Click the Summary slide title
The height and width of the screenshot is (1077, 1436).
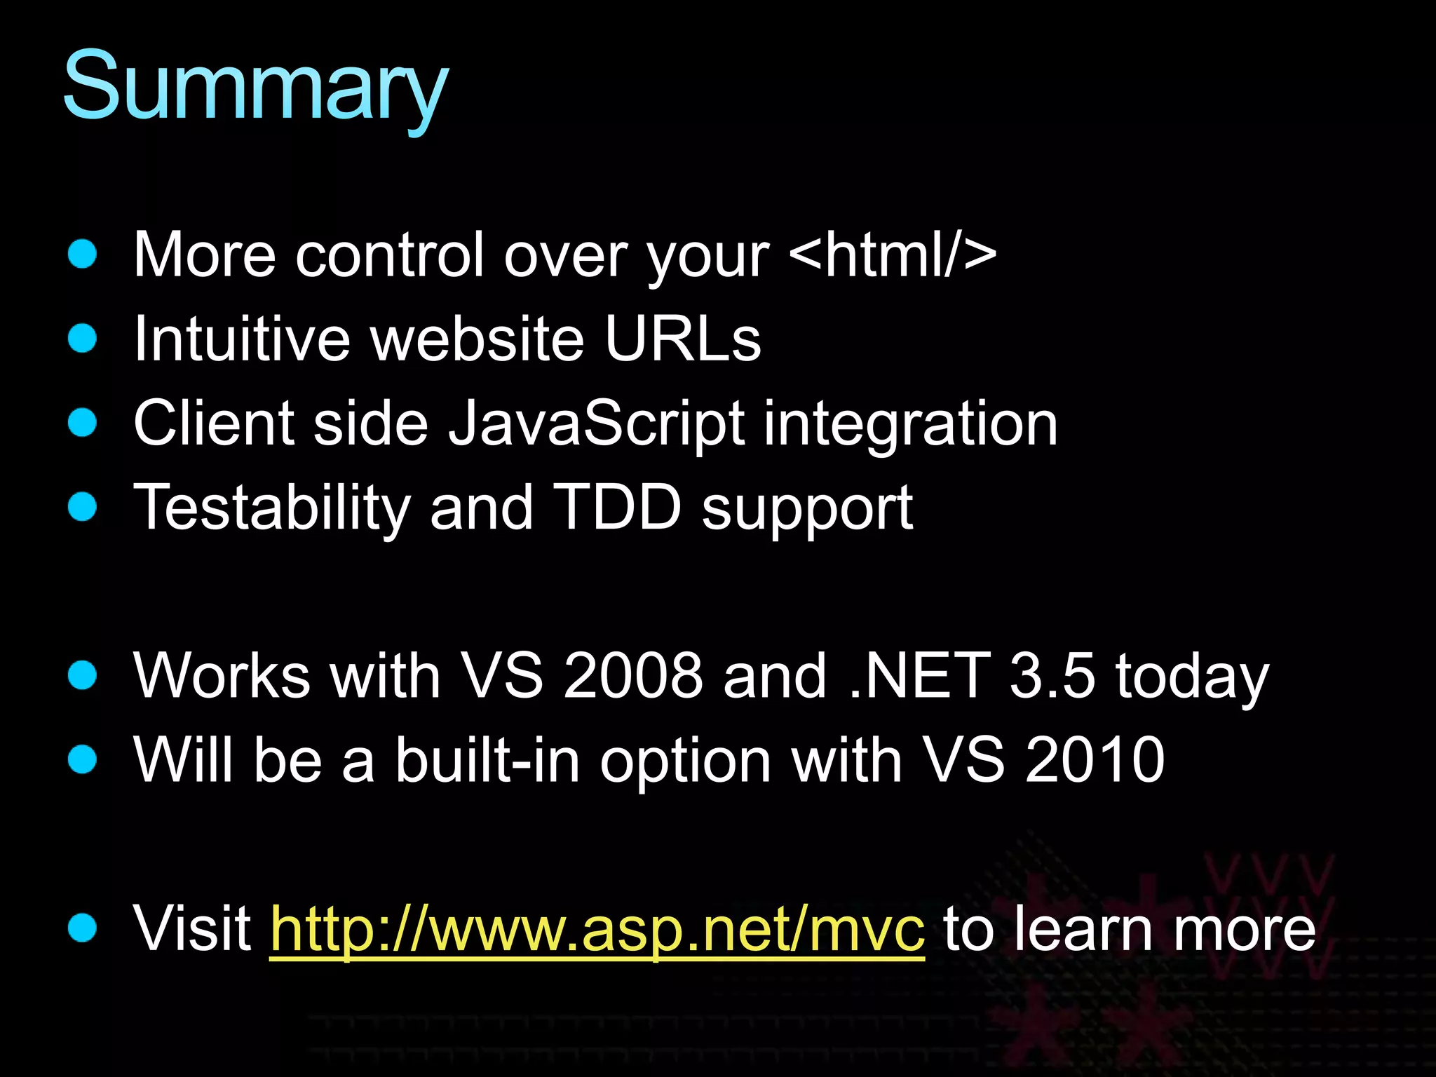[x=255, y=88]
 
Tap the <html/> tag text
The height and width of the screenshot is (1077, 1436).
[x=892, y=255]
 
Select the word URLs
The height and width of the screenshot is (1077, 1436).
[x=682, y=339]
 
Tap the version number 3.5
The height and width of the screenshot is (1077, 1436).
[x=1052, y=676]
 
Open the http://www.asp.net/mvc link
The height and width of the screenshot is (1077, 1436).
[x=597, y=930]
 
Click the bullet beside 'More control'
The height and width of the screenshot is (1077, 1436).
[x=83, y=254]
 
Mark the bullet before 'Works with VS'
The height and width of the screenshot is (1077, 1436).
[x=83, y=675]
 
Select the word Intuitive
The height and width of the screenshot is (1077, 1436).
[x=241, y=339]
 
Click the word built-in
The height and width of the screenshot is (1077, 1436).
[x=487, y=760]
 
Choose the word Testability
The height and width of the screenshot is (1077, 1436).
[x=272, y=508]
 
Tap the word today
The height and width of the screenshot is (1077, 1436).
[x=1192, y=677]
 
